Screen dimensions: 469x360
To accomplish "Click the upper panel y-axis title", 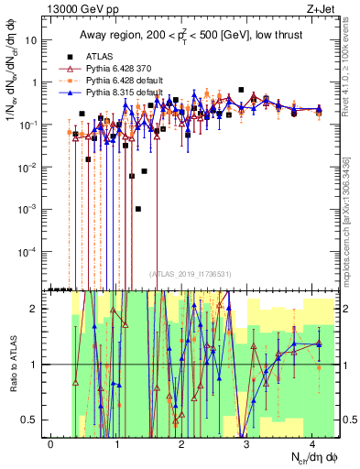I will point(11,87).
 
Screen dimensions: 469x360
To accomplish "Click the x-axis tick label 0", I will point(51,443).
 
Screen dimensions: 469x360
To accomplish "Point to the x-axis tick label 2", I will point(181,443).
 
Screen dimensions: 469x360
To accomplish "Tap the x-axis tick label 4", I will point(312,443).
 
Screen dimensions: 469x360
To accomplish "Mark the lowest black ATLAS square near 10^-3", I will point(138,209).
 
